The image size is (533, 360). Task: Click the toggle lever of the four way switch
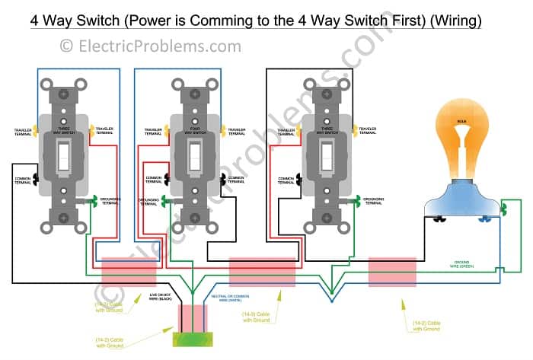196,157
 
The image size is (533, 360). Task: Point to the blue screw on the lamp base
483,221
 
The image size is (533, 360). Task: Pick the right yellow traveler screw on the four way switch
223,130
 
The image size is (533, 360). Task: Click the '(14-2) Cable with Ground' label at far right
423,325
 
